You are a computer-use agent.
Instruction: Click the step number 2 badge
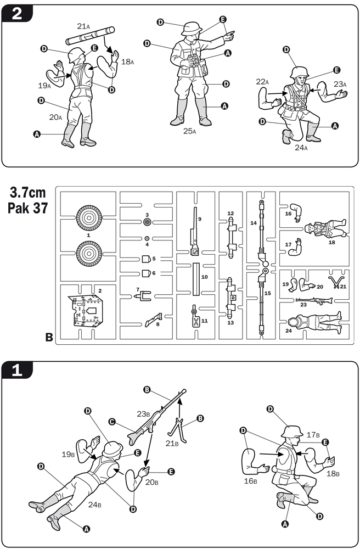tap(17, 13)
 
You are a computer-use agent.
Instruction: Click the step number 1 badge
tap(17, 371)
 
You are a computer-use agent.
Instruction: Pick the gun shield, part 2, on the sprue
tap(86, 310)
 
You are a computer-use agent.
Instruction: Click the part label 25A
tap(190, 132)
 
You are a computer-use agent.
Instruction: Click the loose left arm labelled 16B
tap(255, 458)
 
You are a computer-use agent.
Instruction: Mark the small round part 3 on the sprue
tap(147, 222)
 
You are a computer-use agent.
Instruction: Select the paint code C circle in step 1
tap(111, 422)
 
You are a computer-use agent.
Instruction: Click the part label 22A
tap(262, 82)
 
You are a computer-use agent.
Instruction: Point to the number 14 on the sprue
tap(253, 223)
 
